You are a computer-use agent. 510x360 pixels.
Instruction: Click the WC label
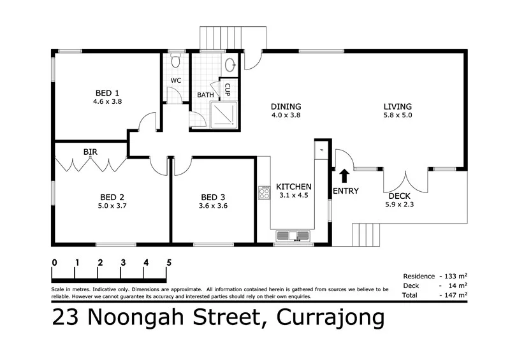click(176, 81)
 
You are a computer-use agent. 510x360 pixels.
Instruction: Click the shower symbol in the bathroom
click(222, 115)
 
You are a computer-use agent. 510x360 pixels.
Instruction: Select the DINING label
click(286, 106)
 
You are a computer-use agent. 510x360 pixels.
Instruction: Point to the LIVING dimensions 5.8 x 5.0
click(397, 115)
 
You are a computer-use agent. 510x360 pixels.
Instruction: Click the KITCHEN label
click(294, 187)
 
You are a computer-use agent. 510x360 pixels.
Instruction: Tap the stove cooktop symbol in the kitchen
click(263, 192)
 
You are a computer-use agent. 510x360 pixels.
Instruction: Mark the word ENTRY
click(346, 191)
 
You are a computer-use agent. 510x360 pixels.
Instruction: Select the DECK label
click(400, 196)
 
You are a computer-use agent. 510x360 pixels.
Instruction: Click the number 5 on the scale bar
click(169, 262)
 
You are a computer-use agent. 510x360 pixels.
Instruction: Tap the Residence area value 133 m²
click(457, 276)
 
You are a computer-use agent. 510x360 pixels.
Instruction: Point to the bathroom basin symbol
click(230, 64)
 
